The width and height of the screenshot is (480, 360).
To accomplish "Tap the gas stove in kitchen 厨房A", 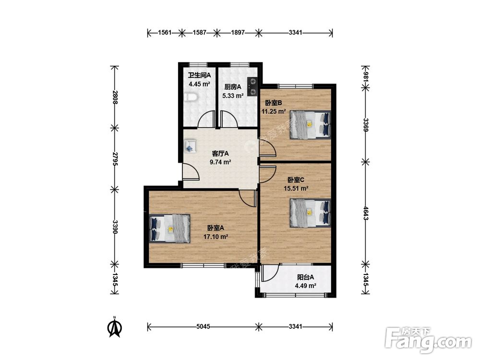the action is [253, 86].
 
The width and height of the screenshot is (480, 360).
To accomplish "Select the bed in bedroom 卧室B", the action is [311, 125].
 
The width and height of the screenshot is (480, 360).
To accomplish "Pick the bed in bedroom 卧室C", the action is [311, 213].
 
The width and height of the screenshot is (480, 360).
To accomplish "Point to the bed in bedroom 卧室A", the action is [169, 228].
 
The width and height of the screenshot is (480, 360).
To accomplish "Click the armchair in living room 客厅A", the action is [190, 146].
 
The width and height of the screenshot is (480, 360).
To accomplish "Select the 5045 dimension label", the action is [203, 326].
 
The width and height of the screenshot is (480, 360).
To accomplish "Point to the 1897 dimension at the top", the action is [238, 32].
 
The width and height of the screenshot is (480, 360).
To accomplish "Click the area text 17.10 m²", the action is [216, 237].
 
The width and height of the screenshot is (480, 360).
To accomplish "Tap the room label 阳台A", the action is [305, 277].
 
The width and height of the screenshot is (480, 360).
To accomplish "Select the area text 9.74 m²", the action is [220, 162].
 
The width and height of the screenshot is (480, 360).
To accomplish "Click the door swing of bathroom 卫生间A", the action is [206, 120].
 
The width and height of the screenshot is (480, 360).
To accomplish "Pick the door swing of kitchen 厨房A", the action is [229, 120].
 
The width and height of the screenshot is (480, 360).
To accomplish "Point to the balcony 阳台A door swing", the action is [270, 273].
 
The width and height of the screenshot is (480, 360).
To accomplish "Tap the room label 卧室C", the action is [296, 180].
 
